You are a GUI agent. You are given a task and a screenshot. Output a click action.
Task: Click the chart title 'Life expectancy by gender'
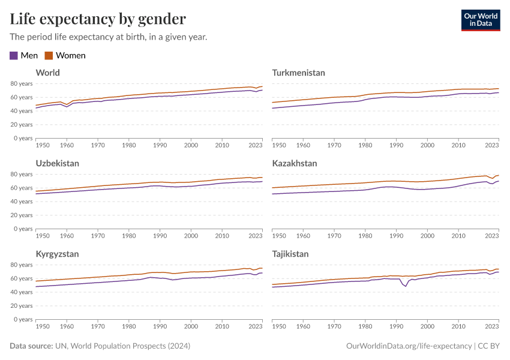(x=98, y=19)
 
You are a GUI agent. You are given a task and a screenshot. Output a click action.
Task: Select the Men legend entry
(x=24, y=55)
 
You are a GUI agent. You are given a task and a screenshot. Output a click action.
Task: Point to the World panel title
(x=48, y=73)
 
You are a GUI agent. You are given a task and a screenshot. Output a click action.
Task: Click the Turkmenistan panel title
(x=298, y=73)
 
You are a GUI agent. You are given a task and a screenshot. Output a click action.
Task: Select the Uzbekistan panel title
(x=58, y=163)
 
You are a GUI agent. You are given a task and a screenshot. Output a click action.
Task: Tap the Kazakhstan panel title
(x=295, y=163)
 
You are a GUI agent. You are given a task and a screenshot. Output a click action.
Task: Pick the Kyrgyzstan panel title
(x=57, y=254)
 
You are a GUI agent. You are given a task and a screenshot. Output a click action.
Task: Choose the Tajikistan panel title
(x=290, y=254)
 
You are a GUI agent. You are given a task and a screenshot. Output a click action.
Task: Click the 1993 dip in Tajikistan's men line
(x=406, y=286)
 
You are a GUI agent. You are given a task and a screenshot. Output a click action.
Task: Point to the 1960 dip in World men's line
(x=67, y=107)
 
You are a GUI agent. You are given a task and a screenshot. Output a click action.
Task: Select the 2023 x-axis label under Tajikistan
(x=491, y=326)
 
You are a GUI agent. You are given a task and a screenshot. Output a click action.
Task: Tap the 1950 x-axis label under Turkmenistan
(x=279, y=145)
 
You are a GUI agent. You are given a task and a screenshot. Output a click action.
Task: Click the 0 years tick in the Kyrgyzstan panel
(x=22, y=319)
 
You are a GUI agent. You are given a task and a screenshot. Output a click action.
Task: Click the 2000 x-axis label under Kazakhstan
(x=427, y=236)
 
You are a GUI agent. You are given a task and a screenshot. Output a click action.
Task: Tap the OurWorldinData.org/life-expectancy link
(x=409, y=346)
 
